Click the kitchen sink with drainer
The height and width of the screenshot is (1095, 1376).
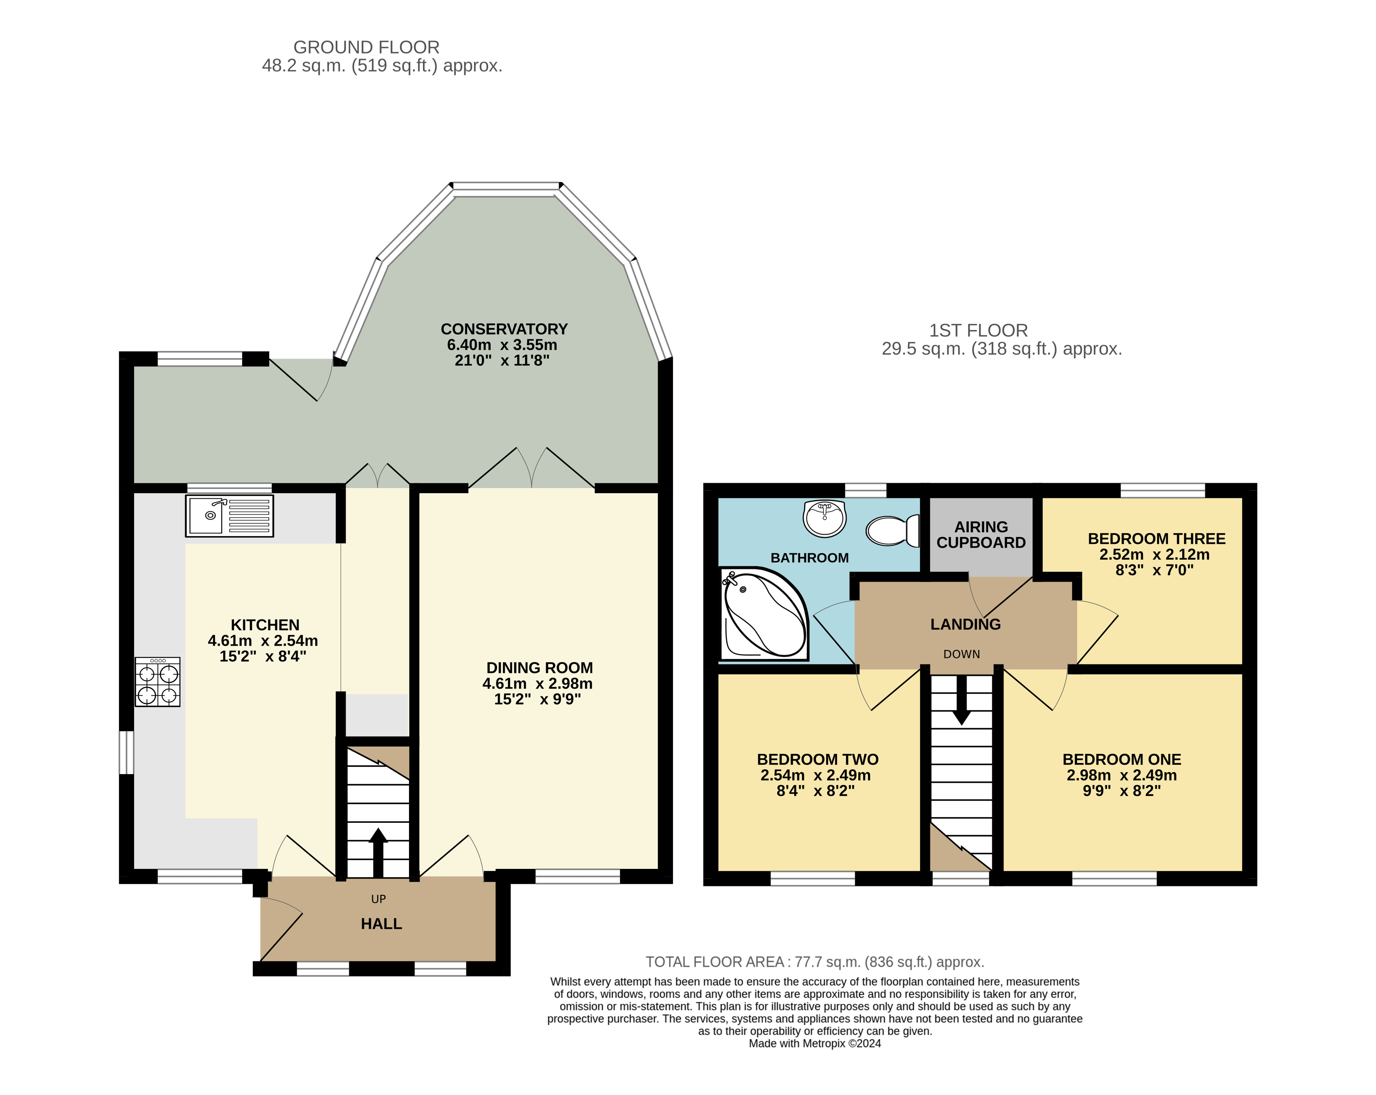point(229,516)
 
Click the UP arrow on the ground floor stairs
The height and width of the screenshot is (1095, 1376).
point(378,853)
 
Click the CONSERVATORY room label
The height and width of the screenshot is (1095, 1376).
point(504,329)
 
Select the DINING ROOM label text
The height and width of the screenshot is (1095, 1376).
point(539,668)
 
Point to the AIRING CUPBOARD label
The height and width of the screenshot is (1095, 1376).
point(981,535)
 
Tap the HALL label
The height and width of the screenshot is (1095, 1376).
point(382,924)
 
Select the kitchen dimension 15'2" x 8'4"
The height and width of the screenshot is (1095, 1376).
point(263,656)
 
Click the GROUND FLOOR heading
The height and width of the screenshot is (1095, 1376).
point(366,47)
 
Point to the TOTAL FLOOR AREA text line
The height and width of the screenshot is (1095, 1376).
point(815,962)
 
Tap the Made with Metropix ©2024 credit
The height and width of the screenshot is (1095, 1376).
point(815,1043)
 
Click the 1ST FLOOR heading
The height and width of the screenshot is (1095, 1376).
point(978,330)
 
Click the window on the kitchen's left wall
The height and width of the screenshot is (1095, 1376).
point(127,752)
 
